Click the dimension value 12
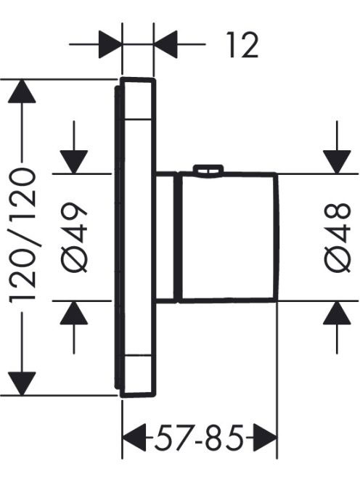pos(242,45)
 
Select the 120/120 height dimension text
pos(23,234)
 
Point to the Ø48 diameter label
pos(337,237)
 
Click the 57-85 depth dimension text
pos(199,437)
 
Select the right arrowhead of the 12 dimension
pos(165,44)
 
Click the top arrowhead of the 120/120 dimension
pos(22,91)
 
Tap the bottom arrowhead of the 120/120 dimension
pos(22,383)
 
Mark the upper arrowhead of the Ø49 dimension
pos(74,162)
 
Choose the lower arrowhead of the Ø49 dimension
pos(74,313)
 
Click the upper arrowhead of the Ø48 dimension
pos(337,162)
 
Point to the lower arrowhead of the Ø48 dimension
pos(337,313)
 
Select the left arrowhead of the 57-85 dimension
pos(134,437)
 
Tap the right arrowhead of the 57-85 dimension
pos(266,437)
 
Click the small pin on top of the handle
pos(208,171)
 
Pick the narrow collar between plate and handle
pos(166,237)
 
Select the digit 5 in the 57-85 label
pos(163,437)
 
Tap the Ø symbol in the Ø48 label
pos(337,261)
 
